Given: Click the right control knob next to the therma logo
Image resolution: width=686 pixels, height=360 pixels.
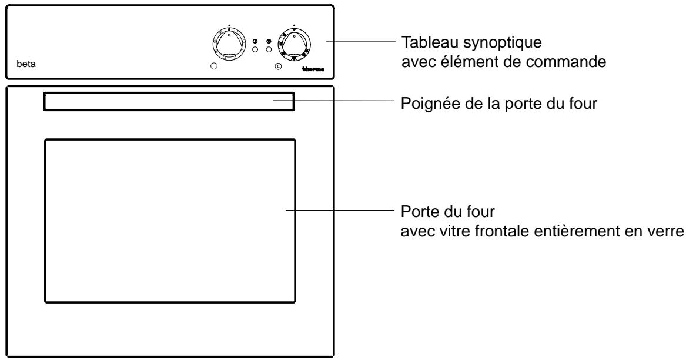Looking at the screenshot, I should coord(294,44).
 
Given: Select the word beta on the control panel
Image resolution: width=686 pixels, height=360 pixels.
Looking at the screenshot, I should coord(27,64).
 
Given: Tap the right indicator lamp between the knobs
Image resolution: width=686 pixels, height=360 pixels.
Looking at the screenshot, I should coord(269,50).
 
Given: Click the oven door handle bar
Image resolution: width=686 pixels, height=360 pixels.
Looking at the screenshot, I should coord(168,101).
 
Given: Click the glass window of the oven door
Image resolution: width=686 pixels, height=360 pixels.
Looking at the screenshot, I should coord(169,221).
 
